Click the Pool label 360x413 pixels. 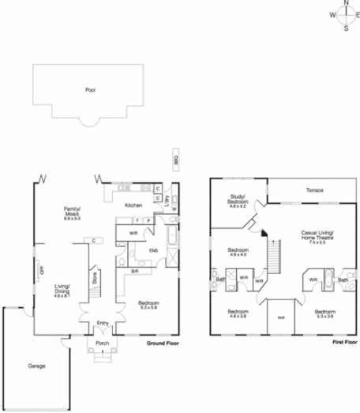coord(90,90)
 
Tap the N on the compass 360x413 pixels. coord(346,4)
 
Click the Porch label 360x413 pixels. coord(103,344)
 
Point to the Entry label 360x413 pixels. coord(103,323)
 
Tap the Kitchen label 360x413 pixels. coord(133,205)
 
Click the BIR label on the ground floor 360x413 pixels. coord(135,271)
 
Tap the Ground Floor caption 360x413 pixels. coord(163,344)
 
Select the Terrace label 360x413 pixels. coord(315,190)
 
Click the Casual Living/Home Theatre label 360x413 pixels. coord(318,236)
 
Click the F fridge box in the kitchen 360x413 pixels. coord(138,220)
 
